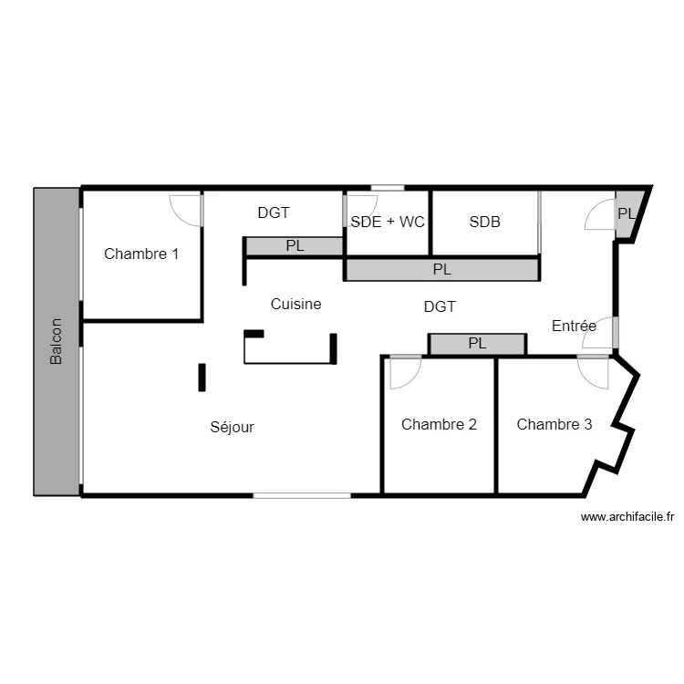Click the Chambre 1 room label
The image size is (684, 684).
[x=141, y=254]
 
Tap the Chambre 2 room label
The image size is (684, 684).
[x=439, y=424]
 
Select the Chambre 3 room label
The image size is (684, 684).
[x=554, y=424]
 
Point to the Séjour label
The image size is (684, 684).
[x=233, y=427]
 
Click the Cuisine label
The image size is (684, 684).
[x=296, y=304]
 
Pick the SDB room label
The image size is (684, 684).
[x=485, y=222]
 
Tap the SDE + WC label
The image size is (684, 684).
[x=388, y=222]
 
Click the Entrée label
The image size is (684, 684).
[x=575, y=326]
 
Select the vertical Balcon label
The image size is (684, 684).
[x=57, y=342]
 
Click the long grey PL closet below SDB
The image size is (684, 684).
[x=441, y=269]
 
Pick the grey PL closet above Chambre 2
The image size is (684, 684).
[x=477, y=344]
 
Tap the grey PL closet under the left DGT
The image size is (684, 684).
[x=294, y=245]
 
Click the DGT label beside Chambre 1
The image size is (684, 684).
[x=274, y=212]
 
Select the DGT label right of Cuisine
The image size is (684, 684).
[x=440, y=307]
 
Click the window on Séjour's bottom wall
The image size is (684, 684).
[x=302, y=495]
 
